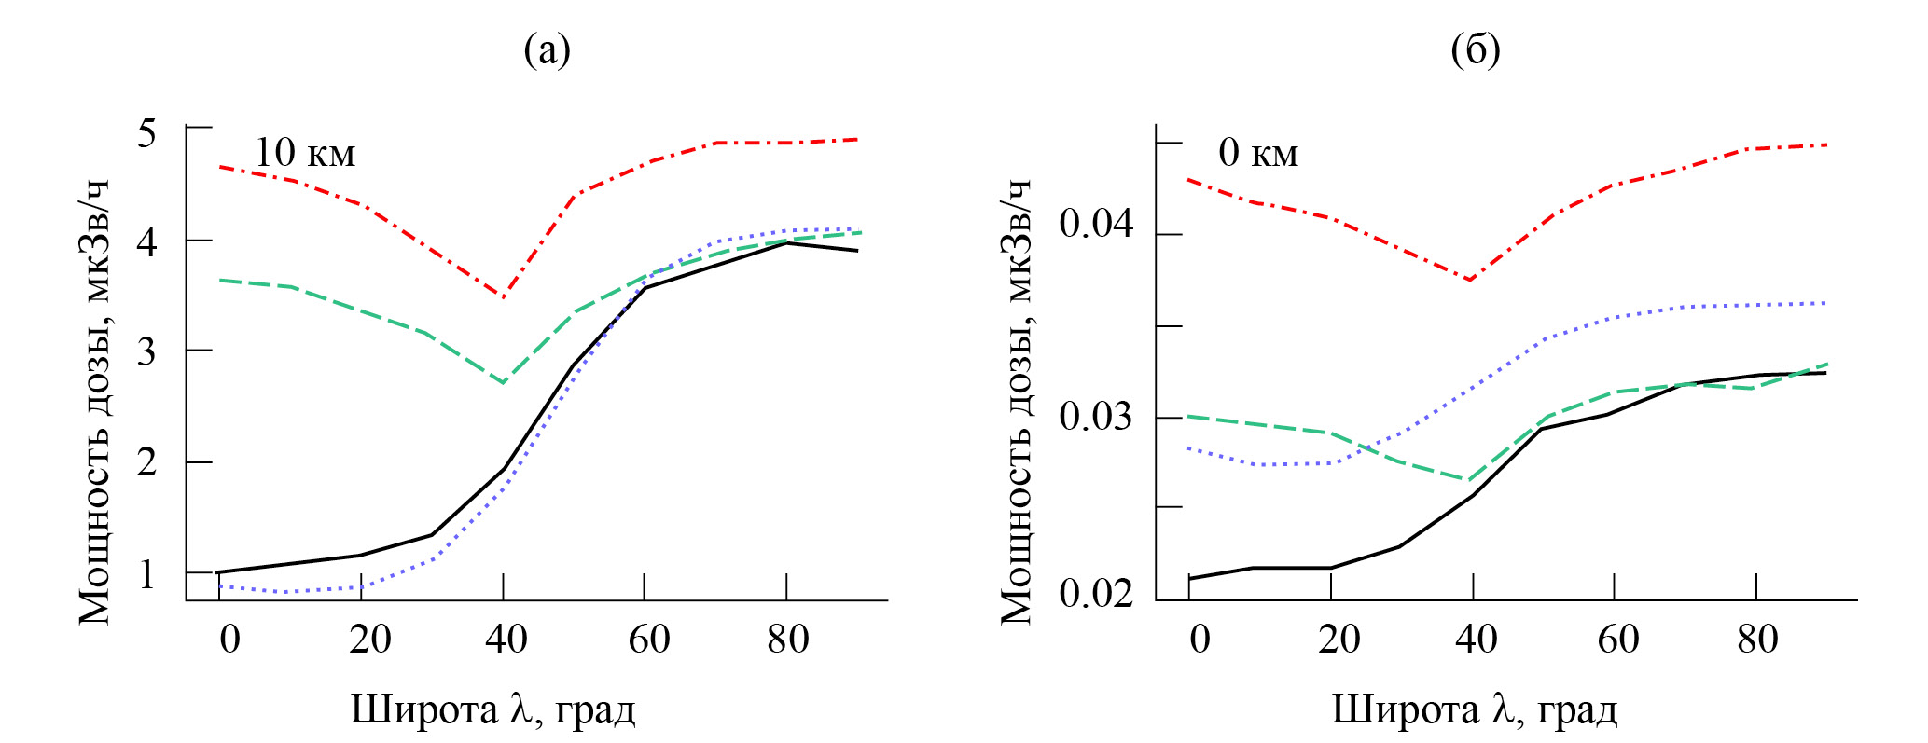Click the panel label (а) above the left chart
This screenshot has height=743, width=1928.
tap(547, 49)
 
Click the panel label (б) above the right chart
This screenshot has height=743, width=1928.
tap(1476, 49)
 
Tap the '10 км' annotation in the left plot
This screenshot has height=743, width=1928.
tap(305, 153)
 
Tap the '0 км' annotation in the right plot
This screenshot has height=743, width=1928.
tap(1258, 153)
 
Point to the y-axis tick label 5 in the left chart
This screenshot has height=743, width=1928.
tap(146, 133)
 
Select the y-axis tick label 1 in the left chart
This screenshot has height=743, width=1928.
tap(146, 574)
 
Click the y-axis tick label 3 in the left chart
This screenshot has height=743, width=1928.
tap(146, 352)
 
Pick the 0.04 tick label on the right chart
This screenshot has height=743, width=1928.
tap(1097, 224)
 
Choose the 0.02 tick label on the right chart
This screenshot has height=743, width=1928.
tap(1097, 593)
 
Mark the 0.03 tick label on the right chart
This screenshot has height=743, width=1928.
tap(1097, 416)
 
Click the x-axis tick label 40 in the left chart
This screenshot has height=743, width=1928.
tap(506, 640)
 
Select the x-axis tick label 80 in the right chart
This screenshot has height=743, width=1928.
tap(1757, 640)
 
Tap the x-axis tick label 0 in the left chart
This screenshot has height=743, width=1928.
tap(229, 640)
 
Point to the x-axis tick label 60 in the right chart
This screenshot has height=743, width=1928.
tap(1617, 640)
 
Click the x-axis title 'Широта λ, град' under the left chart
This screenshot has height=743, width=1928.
tap(492, 709)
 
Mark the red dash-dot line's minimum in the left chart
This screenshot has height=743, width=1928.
tap(504, 297)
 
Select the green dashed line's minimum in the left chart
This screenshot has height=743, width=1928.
tap(504, 382)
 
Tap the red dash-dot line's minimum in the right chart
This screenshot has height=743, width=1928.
tap(1470, 280)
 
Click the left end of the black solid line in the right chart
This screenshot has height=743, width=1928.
tap(1190, 579)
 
